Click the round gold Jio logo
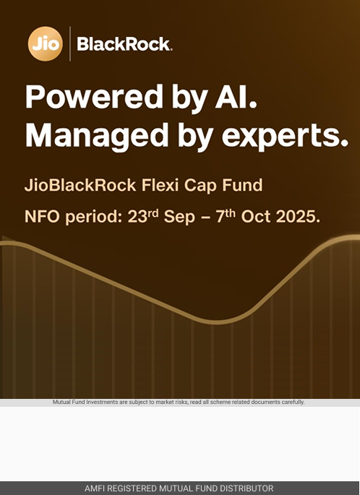click(x=45, y=43)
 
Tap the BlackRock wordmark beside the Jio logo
click(x=124, y=44)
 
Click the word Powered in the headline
click(x=94, y=97)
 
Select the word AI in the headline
click(x=236, y=97)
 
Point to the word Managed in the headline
click(x=97, y=136)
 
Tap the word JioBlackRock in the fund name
click(x=80, y=185)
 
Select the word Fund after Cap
click(x=242, y=185)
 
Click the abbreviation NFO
click(x=42, y=217)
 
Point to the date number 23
click(x=137, y=217)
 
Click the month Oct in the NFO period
click(x=255, y=217)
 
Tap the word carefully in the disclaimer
click(x=293, y=403)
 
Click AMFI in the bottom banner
click(x=93, y=488)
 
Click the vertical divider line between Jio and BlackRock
click(x=70, y=43)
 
